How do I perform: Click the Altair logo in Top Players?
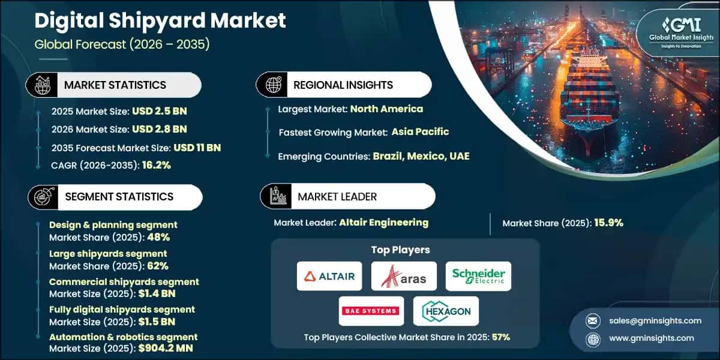[x=329, y=276]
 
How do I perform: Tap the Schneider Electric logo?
[x=479, y=276]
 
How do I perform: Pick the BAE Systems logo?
[x=370, y=311]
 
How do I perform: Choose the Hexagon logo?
[x=446, y=311]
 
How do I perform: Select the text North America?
[x=386, y=109]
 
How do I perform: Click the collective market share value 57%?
[x=500, y=337]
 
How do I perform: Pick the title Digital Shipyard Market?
[x=160, y=21]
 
